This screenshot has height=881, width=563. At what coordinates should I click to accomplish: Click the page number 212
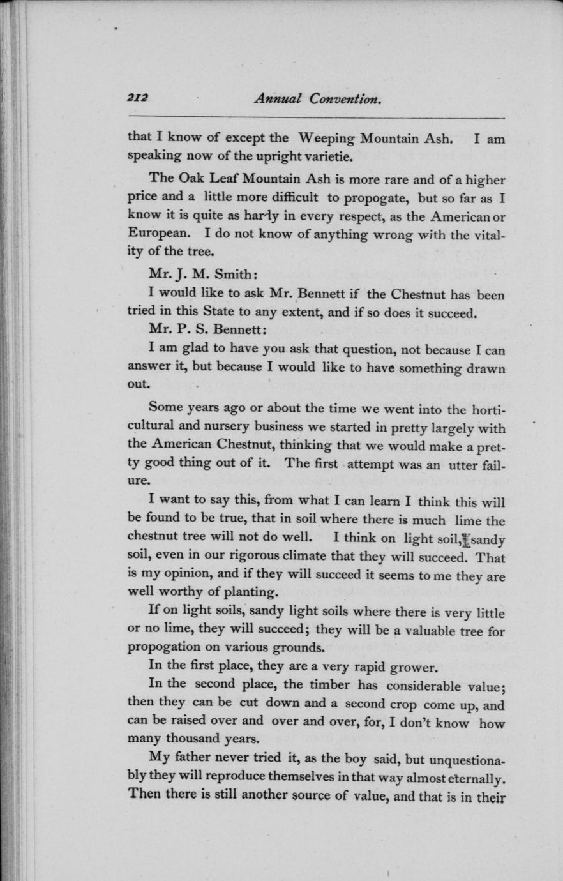(x=137, y=98)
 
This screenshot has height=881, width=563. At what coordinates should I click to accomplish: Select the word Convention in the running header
(x=345, y=98)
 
